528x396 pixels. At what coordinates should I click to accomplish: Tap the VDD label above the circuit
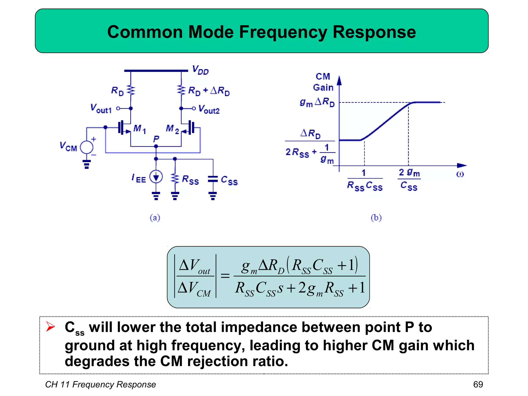click(x=201, y=70)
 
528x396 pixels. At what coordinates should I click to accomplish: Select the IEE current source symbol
click(x=156, y=177)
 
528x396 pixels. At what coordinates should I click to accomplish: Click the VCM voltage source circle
click(x=87, y=147)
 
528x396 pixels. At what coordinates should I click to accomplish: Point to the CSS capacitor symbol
click(x=213, y=179)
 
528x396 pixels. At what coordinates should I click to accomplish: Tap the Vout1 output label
click(x=101, y=109)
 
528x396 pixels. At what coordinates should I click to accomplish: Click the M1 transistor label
click(x=139, y=129)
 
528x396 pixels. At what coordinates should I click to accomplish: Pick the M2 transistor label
click(x=172, y=129)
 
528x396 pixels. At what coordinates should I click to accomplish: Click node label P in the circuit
click(x=156, y=139)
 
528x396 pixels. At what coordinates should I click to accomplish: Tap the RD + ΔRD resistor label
click(x=209, y=91)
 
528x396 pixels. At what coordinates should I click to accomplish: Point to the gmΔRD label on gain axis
click(x=317, y=102)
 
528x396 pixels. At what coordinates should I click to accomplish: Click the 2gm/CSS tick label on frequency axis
click(x=409, y=179)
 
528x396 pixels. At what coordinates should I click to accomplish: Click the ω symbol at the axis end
click(x=460, y=174)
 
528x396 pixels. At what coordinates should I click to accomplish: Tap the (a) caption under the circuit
click(x=155, y=218)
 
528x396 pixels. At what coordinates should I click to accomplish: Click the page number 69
click(x=478, y=384)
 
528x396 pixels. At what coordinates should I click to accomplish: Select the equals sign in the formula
click(x=225, y=276)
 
